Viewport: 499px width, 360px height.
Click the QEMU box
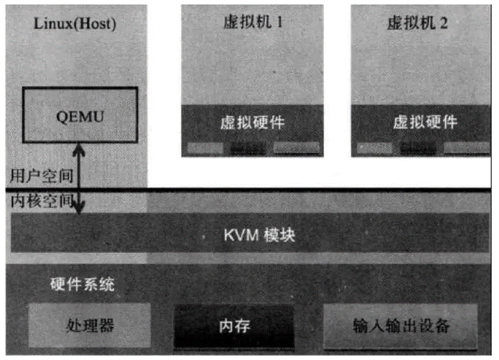tap(80, 116)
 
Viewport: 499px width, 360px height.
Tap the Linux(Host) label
tap(74, 25)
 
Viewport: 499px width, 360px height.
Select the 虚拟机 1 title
tap(252, 22)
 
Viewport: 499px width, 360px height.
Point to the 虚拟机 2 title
tap(417, 22)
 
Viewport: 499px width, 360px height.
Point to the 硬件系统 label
tap(83, 285)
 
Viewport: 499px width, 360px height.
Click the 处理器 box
tap(90, 325)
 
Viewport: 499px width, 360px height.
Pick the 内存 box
tap(234, 326)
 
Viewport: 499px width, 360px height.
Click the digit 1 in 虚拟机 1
tap(279, 22)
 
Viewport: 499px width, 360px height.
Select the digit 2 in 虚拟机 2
tap(444, 22)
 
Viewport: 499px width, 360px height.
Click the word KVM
tap(238, 234)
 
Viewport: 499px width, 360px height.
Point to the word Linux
tap(49, 25)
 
